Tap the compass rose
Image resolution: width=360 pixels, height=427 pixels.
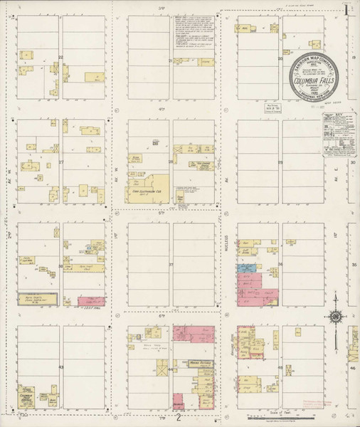pos(336,317)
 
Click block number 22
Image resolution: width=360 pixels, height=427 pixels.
pos(61,57)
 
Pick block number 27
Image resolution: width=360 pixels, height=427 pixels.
pos(61,162)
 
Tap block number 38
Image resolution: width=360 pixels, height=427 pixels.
pos(61,265)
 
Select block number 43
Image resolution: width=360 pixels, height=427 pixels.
pos(61,367)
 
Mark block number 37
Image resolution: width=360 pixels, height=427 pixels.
pos(171,265)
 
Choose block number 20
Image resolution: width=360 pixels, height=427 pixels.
pos(171,60)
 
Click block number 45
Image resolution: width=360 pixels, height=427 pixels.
pos(280,367)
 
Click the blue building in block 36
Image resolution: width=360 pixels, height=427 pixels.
pos(245,268)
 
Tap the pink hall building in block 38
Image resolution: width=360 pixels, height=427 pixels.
pos(90,302)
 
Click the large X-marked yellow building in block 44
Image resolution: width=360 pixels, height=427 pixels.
pos(163,371)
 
